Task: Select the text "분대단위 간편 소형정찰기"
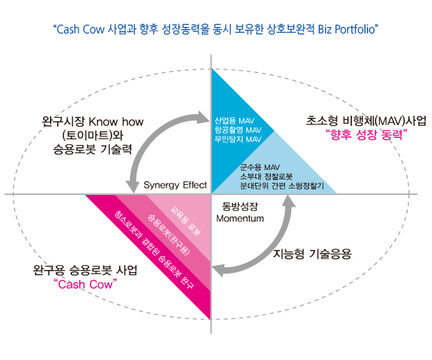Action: coord(282,186)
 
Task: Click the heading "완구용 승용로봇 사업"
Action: coord(85,271)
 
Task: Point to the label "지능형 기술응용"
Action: coord(313,253)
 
